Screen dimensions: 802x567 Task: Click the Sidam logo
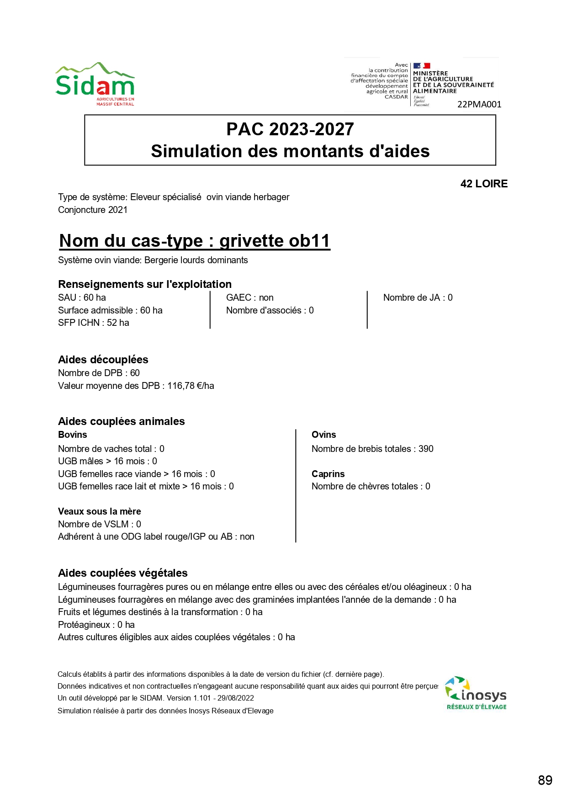tap(95, 85)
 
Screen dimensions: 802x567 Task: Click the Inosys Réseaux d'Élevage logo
tap(476, 693)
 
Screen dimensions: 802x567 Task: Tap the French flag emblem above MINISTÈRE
tap(422, 66)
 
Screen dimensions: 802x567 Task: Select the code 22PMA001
tap(479, 104)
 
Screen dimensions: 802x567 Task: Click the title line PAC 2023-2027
tap(290, 129)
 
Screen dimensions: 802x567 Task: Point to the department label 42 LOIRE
tap(484, 184)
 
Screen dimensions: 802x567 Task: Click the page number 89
tap(545, 780)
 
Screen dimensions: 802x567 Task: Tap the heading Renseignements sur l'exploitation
tap(145, 284)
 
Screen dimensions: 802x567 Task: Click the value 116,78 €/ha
tap(191, 386)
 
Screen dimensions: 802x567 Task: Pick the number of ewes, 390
tap(426, 449)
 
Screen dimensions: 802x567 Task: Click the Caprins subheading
tap(328, 474)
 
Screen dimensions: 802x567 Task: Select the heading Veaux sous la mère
tap(100, 511)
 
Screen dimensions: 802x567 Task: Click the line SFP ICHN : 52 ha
tap(94, 323)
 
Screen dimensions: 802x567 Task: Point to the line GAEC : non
tap(250, 297)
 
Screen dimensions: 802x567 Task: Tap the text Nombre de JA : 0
tap(418, 297)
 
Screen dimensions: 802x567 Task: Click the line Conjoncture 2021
tap(93, 210)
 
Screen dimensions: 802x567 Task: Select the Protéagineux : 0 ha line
tap(96, 625)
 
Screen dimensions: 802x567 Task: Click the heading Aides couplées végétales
tap(123, 573)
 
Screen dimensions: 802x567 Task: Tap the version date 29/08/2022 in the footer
tap(236, 698)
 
